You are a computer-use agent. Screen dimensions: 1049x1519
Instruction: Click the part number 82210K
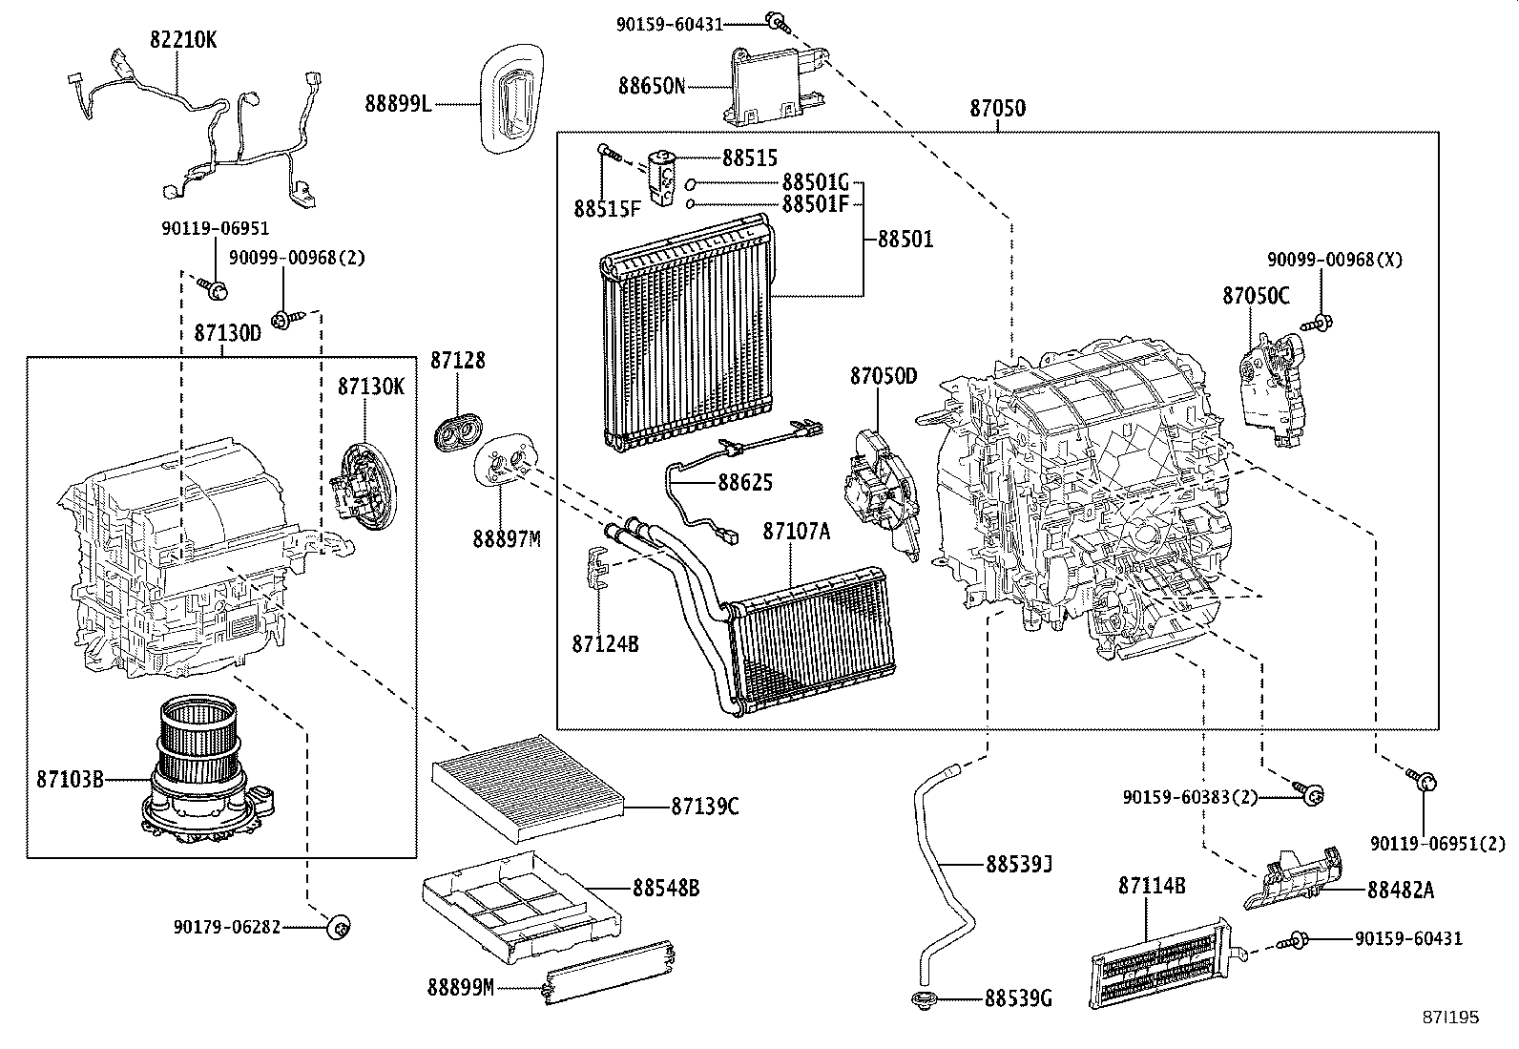[183, 39]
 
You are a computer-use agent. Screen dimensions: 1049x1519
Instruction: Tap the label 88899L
[397, 103]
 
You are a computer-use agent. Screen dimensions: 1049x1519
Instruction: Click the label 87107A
[796, 532]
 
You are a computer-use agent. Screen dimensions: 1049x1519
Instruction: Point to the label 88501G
[815, 181]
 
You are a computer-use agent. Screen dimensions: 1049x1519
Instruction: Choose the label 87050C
[1256, 296]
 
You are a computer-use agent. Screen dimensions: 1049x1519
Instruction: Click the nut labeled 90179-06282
[340, 926]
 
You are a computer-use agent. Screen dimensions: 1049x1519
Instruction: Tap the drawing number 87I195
[1451, 1018]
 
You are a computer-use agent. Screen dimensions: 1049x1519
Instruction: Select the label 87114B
[1152, 887]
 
